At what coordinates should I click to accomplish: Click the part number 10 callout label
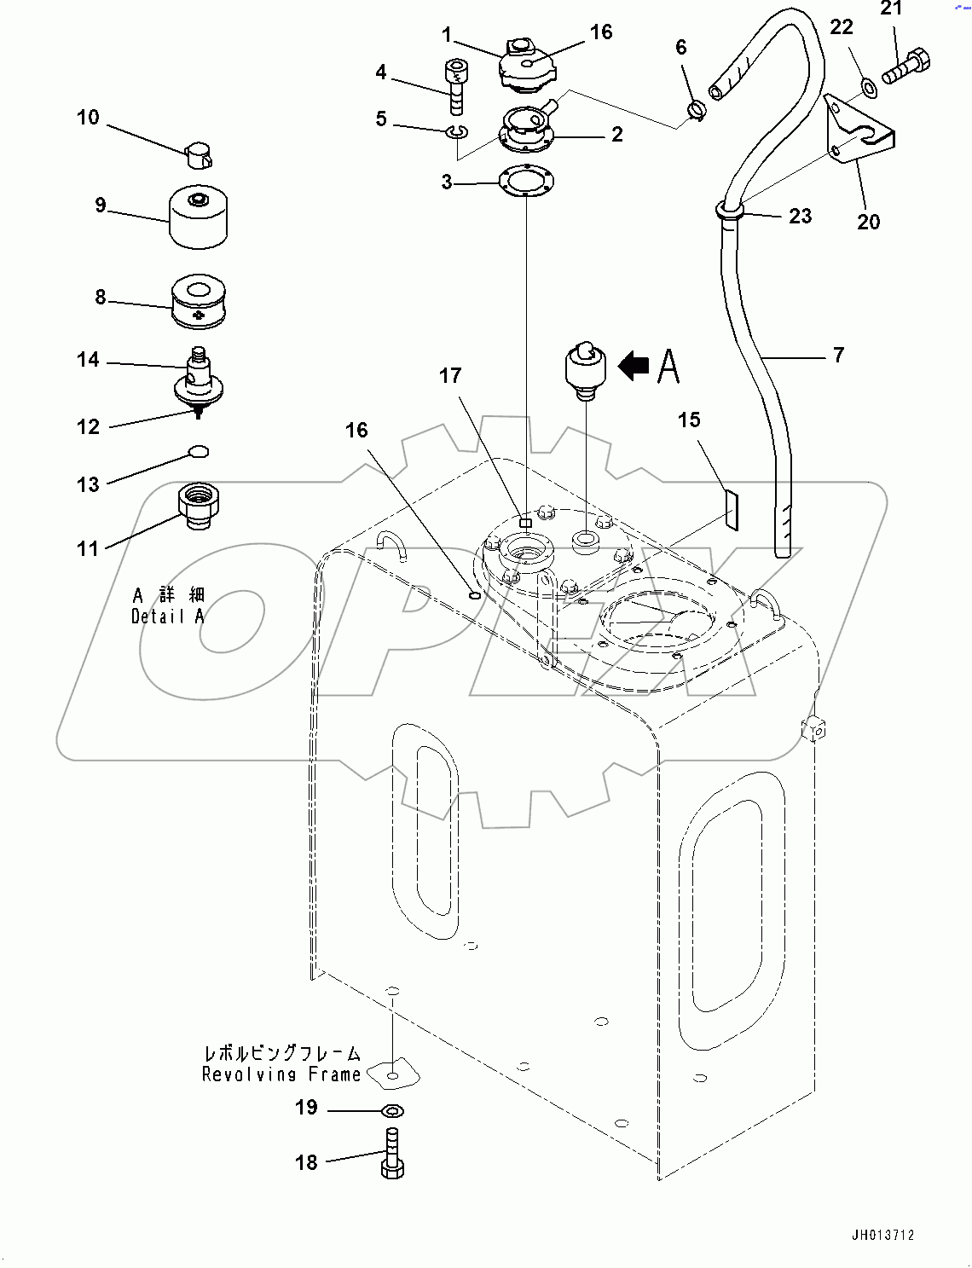[x=88, y=118]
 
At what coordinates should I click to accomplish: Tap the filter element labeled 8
[x=201, y=301]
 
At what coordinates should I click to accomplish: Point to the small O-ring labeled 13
[x=198, y=451]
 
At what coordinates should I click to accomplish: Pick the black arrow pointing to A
[x=633, y=367]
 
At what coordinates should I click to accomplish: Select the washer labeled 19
[x=393, y=1110]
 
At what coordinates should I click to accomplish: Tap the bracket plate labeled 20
[x=859, y=132]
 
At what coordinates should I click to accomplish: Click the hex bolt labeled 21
[x=906, y=67]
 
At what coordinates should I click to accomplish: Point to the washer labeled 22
[x=868, y=85]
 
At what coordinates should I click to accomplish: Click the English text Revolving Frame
[x=281, y=1074]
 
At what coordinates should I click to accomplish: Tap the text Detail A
[x=168, y=616]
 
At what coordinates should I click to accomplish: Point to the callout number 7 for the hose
[x=838, y=354]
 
